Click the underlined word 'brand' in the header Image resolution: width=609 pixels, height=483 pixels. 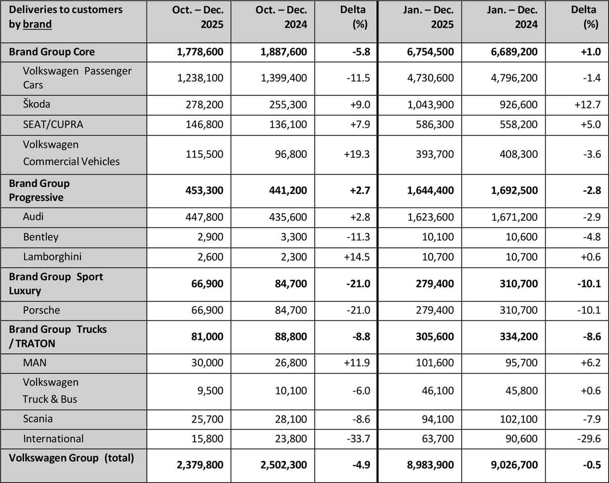[37, 24]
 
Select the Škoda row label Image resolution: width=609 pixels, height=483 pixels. [37, 104]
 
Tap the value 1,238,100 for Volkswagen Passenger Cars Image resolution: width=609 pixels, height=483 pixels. [200, 78]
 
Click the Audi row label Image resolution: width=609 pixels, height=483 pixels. [33, 216]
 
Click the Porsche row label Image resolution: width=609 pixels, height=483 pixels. [41, 310]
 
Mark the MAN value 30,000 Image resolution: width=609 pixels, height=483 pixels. [207, 363]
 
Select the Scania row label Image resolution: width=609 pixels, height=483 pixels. [38, 419]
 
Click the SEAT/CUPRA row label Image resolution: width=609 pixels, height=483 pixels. [53, 125]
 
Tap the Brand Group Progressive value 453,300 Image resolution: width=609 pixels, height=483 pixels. [204, 190]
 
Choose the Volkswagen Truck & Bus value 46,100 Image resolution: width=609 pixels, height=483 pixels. [438, 391]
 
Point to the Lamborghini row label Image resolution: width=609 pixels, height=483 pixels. [52, 257]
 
